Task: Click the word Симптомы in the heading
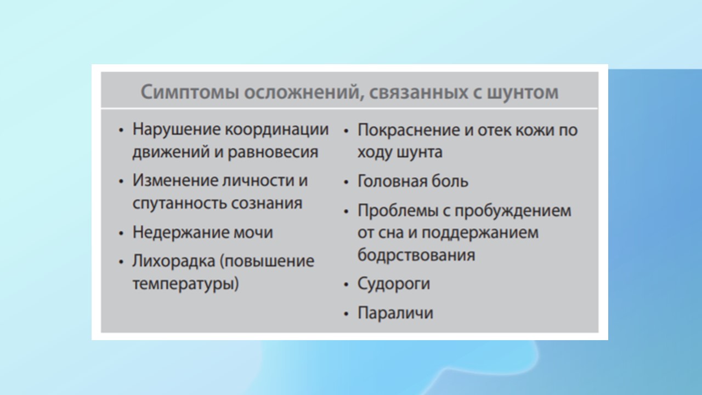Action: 190,93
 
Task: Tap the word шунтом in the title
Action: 523,93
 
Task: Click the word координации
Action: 277,130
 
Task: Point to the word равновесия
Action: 273,153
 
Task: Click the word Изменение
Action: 174,181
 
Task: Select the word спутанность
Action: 179,204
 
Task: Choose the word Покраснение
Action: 409,130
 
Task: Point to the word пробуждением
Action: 513,211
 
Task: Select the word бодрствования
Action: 416,255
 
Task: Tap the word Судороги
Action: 394,284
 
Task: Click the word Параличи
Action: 395,313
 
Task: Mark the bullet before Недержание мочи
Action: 121,233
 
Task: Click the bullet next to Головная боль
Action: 346,182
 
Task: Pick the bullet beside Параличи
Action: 346,313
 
